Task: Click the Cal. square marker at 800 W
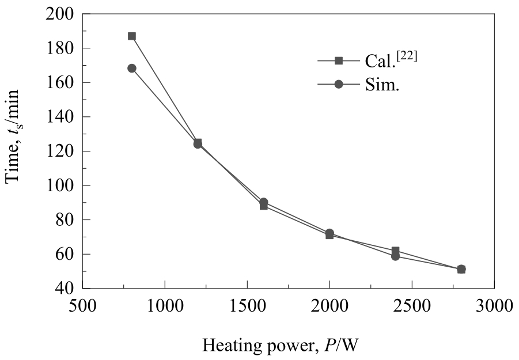(132, 36)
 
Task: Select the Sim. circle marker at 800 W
(132, 68)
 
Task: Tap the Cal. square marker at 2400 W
(395, 251)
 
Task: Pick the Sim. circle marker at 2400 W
(395, 256)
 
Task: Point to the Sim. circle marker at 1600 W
(263, 202)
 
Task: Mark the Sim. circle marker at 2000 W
(329, 233)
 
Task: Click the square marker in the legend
(339, 60)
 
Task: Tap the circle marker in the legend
(339, 84)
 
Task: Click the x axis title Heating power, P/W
(282, 345)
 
